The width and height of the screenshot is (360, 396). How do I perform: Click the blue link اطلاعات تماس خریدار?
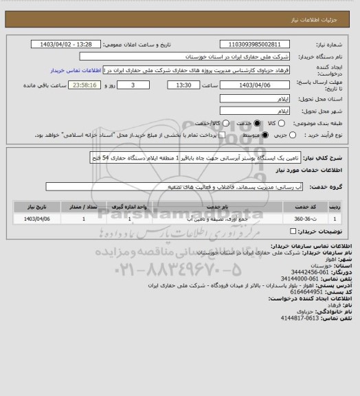76,70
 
